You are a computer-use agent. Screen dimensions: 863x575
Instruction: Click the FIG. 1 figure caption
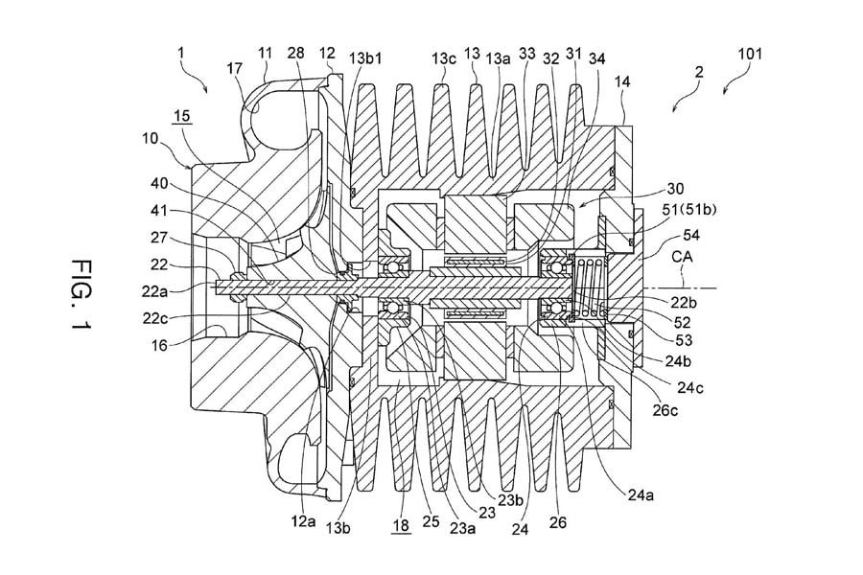pyautogui.click(x=82, y=294)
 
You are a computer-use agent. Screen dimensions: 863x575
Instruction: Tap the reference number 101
pyautogui.click(x=750, y=54)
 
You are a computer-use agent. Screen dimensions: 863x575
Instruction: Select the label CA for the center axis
pyautogui.click(x=682, y=257)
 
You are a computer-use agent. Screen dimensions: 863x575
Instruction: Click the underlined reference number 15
pyautogui.click(x=181, y=116)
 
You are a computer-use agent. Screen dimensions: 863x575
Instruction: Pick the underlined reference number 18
pyautogui.click(x=401, y=525)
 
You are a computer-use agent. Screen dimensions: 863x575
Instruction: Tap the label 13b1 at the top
pyautogui.click(x=365, y=57)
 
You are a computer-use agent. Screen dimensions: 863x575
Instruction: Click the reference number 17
pyautogui.click(x=235, y=69)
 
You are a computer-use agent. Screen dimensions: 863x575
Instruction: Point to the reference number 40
pyautogui.click(x=159, y=183)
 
